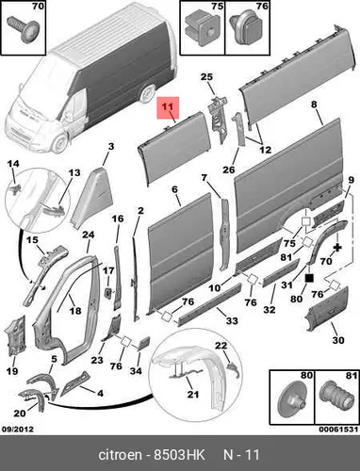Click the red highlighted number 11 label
168,107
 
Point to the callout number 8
314,105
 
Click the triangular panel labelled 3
90,198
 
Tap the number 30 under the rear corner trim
338,340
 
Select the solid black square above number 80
309,278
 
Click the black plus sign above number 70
337,248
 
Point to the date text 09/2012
18,429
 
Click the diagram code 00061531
338,429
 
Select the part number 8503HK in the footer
179,454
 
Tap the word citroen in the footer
120,454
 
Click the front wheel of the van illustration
59,143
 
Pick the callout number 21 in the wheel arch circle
193,394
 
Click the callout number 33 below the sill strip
232,320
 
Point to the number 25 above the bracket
206,76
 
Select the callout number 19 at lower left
12,371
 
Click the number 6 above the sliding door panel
174,189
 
